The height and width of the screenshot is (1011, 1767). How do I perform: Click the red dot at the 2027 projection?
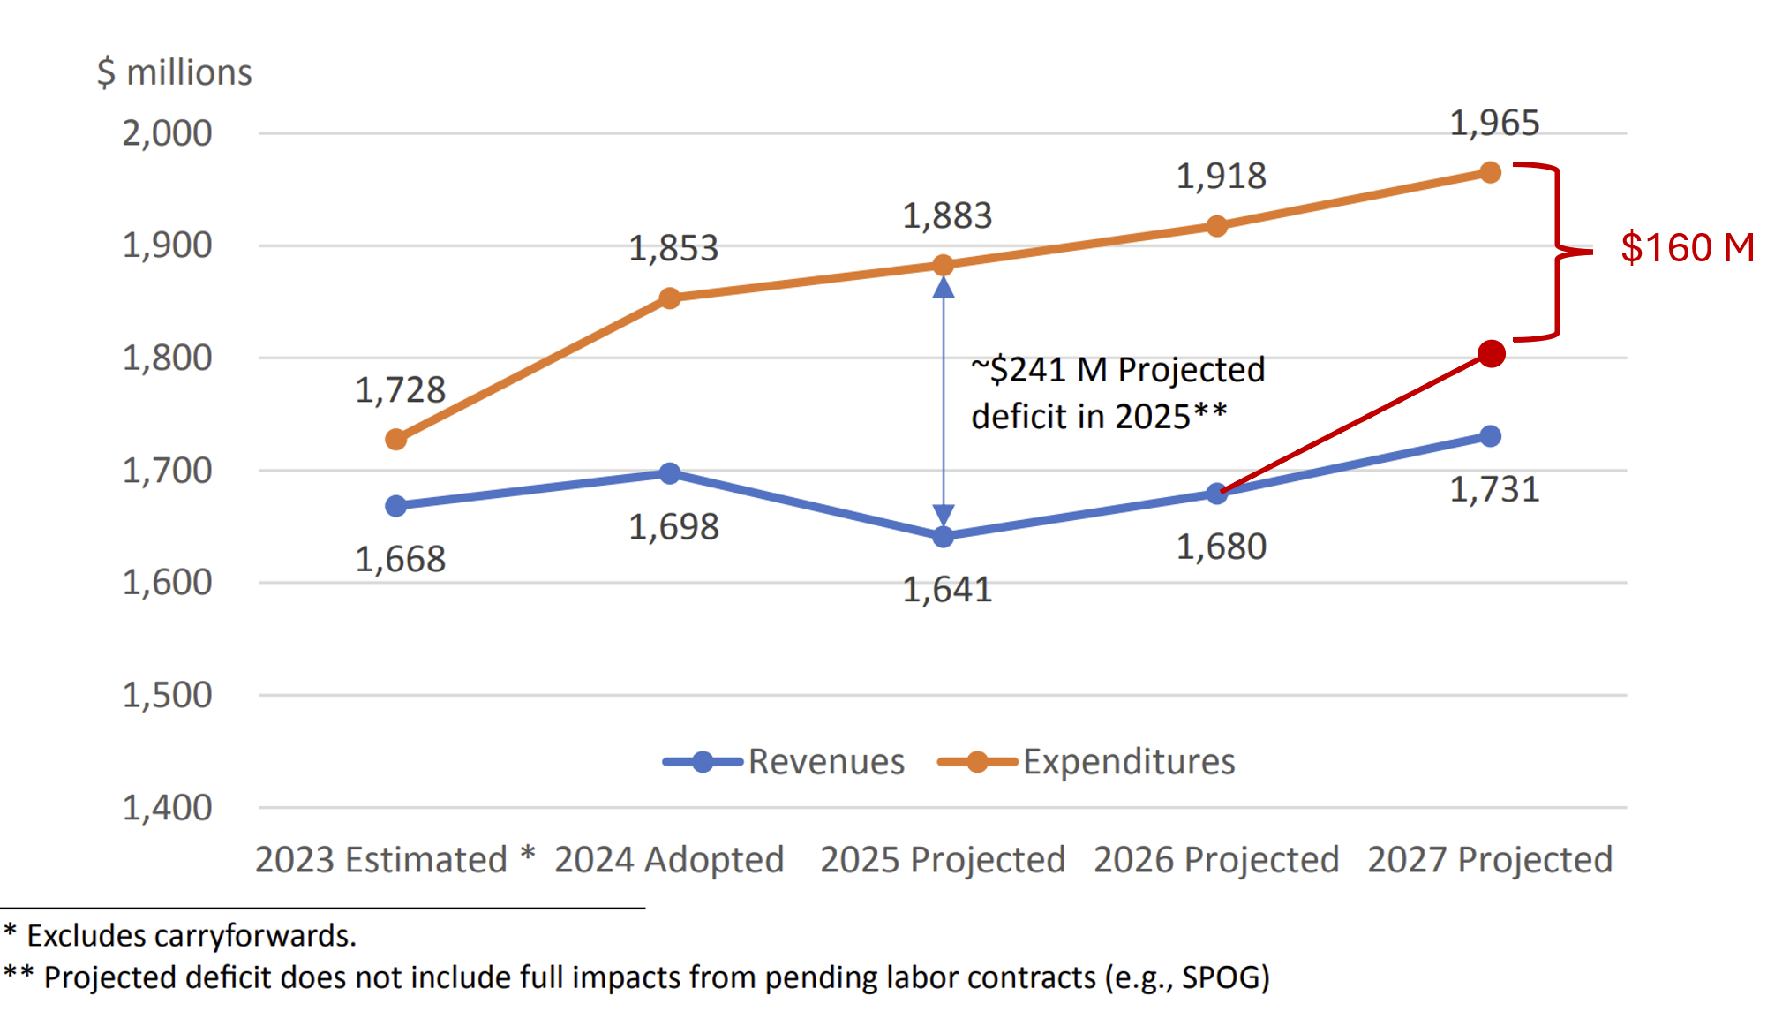click(x=1491, y=354)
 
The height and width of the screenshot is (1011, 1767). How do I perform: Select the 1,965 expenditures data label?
click(x=1494, y=123)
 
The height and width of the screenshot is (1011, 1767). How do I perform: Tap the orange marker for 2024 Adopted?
click(x=670, y=298)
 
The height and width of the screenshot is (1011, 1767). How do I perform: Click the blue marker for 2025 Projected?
click(x=943, y=536)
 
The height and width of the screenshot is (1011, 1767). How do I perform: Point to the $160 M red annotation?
click(x=1687, y=247)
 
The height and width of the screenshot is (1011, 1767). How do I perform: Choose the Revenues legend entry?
click(x=784, y=761)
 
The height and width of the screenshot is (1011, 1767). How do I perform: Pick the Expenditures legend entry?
click(x=1087, y=761)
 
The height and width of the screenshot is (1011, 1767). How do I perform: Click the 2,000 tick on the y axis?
click(x=167, y=133)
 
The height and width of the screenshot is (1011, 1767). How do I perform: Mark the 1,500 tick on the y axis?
click(x=167, y=695)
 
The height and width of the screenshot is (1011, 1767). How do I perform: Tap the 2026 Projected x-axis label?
click(x=1216, y=859)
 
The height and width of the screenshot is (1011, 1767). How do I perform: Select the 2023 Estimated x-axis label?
click(x=381, y=859)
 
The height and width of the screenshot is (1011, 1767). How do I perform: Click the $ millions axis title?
click(x=175, y=72)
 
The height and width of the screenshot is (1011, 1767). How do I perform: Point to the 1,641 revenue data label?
click(x=947, y=589)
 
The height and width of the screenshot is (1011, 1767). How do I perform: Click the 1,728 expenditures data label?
click(x=400, y=389)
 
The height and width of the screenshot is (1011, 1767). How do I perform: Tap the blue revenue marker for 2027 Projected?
click(x=1490, y=436)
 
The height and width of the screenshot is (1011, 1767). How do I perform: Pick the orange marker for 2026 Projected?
click(x=1216, y=226)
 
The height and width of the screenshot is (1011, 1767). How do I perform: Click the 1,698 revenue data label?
click(x=673, y=527)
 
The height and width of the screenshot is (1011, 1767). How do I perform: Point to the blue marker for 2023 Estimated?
click(x=396, y=506)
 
